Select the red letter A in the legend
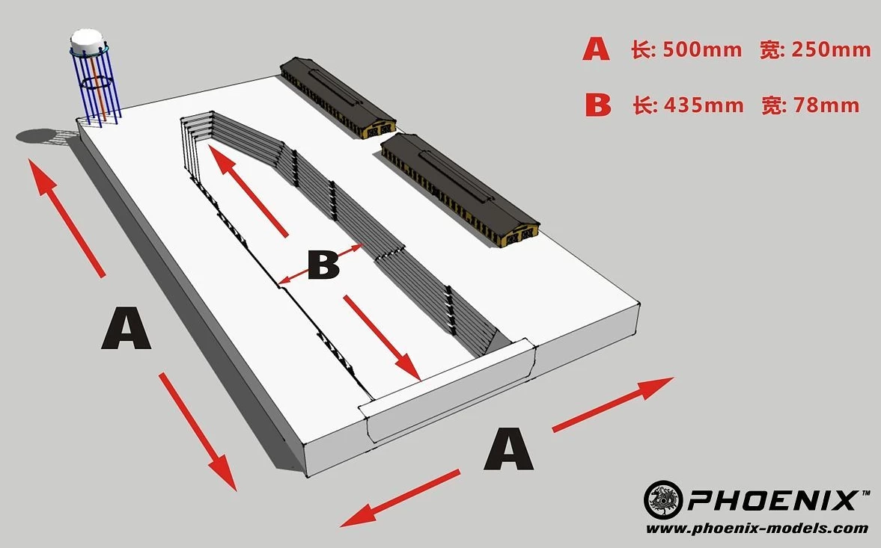point(596,49)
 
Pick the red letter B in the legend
point(598,105)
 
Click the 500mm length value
point(702,49)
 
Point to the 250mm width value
point(832,49)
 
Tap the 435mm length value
point(704,105)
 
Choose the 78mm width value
point(826,105)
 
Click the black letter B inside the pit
point(323,265)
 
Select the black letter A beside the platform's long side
point(126,328)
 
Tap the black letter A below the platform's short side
point(508,449)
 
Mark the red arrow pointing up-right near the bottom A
point(613,404)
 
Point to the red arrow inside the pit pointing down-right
point(382,338)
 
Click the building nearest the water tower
point(338,96)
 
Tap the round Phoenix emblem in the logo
point(663,499)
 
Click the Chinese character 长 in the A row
point(642,49)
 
